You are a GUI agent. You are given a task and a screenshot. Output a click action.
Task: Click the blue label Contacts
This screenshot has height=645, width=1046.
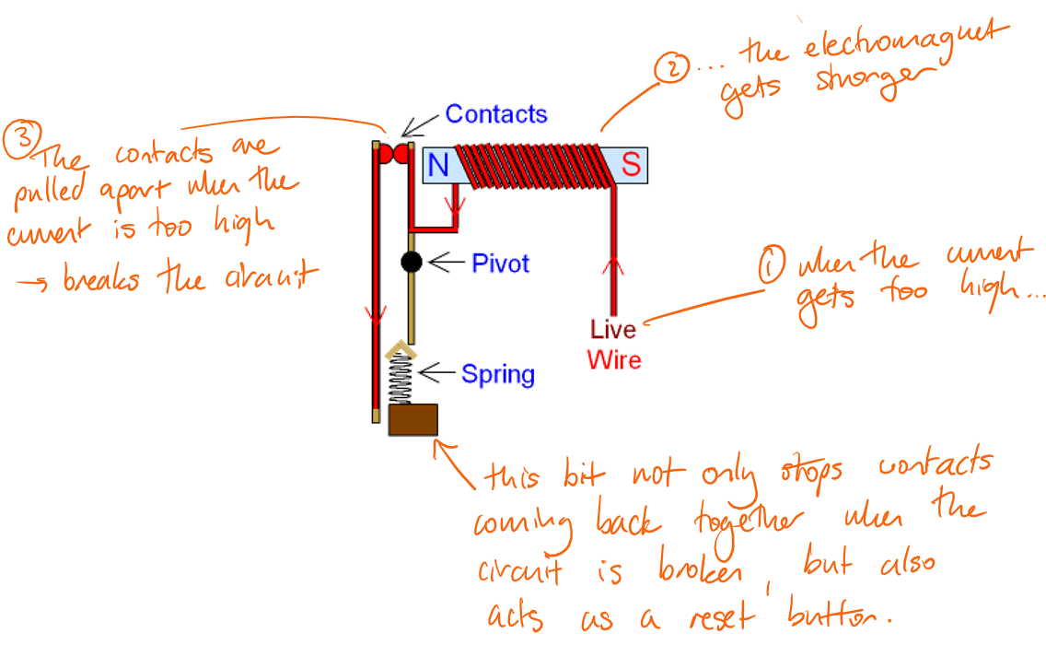(x=496, y=114)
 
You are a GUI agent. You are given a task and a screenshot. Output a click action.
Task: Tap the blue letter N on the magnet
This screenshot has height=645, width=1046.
(x=439, y=166)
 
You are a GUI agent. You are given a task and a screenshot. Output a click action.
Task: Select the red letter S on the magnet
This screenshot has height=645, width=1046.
(x=631, y=166)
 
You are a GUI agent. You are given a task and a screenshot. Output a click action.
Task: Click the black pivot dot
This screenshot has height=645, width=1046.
(x=412, y=263)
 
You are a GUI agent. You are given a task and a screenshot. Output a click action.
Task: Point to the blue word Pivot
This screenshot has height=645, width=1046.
(x=501, y=264)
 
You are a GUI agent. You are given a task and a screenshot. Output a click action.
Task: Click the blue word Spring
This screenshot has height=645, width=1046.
(x=497, y=374)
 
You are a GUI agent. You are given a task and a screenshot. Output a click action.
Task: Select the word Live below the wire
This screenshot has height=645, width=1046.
(x=613, y=330)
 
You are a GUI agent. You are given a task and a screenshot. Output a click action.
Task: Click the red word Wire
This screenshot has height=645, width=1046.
(x=614, y=358)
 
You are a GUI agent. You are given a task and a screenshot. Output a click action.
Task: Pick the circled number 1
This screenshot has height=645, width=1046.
(x=772, y=267)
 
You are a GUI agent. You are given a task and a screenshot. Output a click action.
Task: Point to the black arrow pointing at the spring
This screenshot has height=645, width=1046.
(x=436, y=373)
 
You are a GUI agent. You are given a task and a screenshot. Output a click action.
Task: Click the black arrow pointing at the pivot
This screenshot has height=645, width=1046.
(x=446, y=263)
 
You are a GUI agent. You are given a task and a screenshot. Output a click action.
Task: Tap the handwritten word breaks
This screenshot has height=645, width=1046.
(x=101, y=280)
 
